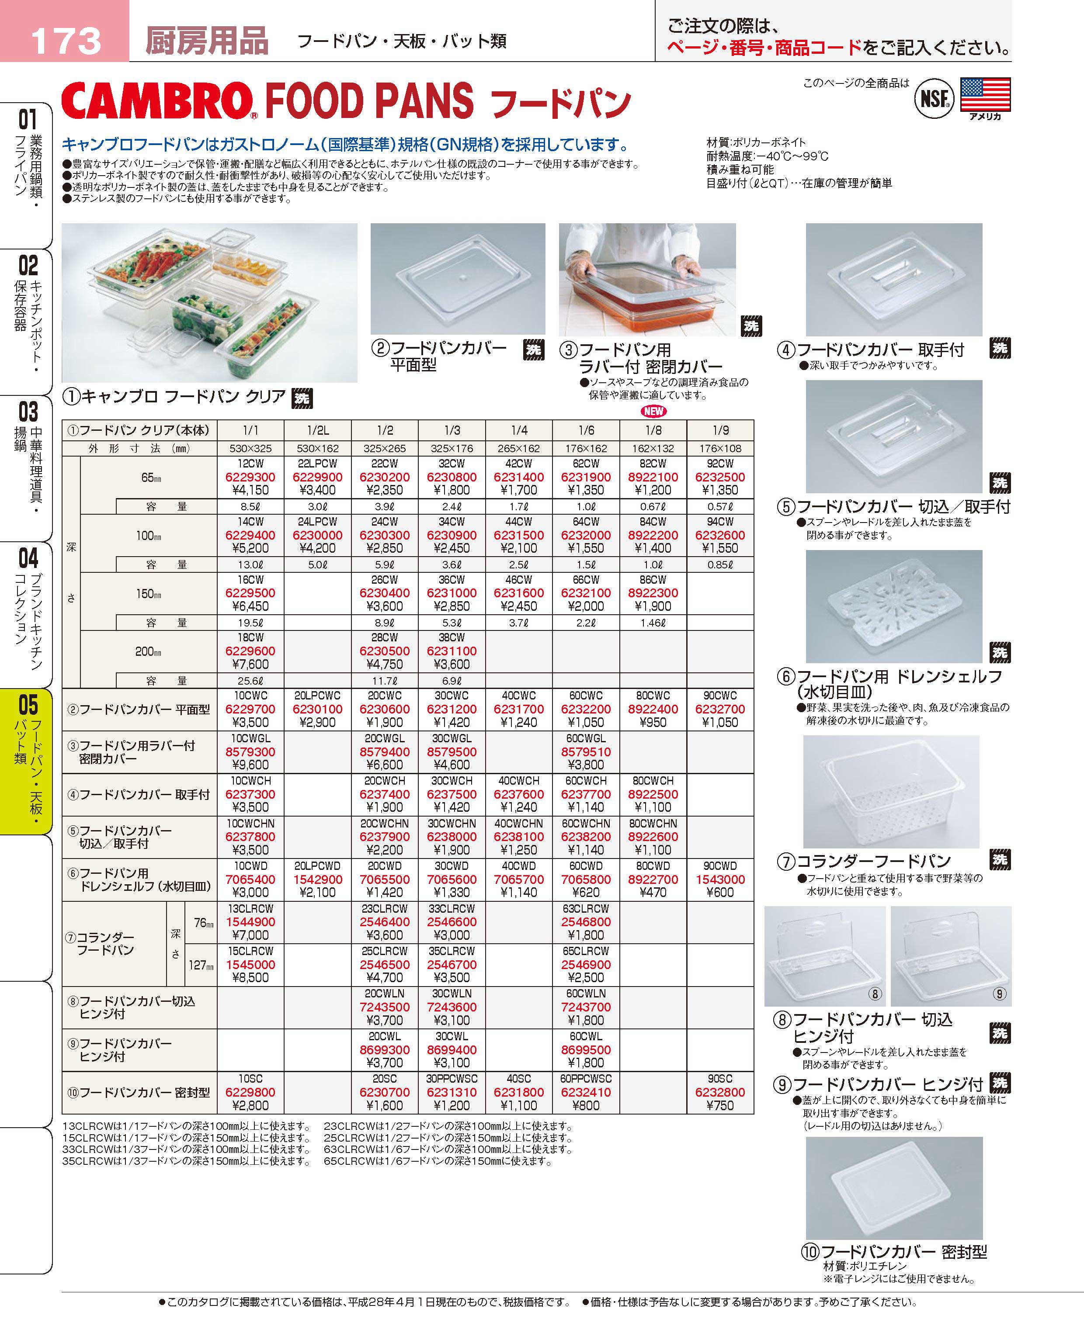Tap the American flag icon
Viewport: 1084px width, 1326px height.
click(x=985, y=95)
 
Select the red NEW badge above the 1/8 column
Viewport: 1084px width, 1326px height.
click(x=653, y=411)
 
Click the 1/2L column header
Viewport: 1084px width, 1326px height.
click(x=318, y=430)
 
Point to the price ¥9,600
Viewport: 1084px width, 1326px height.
click(x=250, y=765)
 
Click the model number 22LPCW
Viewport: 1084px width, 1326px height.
click(x=318, y=464)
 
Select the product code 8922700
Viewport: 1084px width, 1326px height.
click(x=653, y=879)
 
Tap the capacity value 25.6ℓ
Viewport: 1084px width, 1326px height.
click(x=250, y=681)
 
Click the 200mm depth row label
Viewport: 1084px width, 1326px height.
click(x=149, y=651)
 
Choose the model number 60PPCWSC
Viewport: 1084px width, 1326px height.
click(x=586, y=1079)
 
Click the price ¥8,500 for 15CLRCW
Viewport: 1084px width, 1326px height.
click(x=250, y=978)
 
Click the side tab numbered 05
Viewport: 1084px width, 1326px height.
click(x=28, y=705)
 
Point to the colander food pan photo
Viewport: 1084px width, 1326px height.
click(x=891, y=791)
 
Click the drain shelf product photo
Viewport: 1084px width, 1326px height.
click(x=893, y=606)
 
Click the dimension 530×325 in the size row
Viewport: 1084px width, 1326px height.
click(x=250, y=448)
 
